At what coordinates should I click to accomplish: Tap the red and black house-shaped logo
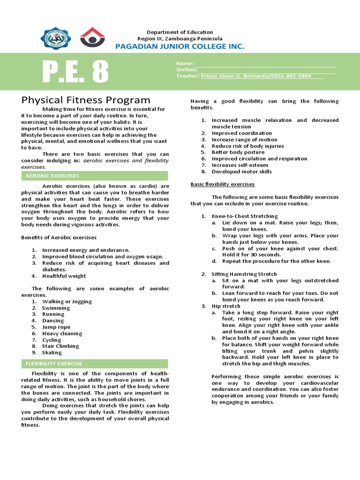pyautogui.click(x=92, y=37)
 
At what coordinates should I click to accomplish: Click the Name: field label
pyautogui.click(x=185, y=63)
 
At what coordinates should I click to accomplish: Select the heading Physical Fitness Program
pyautogui.click(x=86, y=100)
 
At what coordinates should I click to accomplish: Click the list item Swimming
pyautogui.click(x=56, y=308)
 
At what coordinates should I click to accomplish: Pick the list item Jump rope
pyautogui.click(x=56, y=327)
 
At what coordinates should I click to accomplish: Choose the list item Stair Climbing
pyautogui.click(x=60, y=346)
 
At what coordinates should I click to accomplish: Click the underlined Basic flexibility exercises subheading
pyautogui.click(x=222, y=184)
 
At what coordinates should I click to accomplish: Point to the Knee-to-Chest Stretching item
pyautogui.click(x=245, y=216)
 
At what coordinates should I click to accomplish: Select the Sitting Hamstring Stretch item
pyautogui.click(x=244, y=274)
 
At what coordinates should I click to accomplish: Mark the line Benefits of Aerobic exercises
pyautogui.click(x=59, y=237)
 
